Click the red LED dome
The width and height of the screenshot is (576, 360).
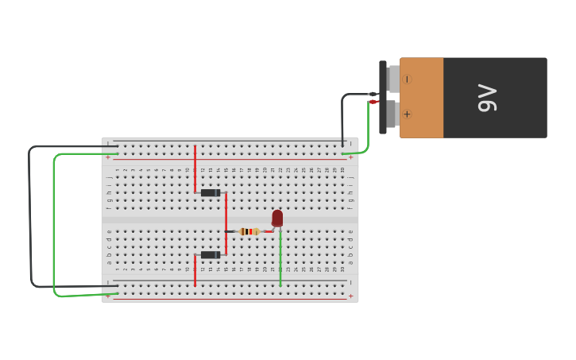(x=277, y=217)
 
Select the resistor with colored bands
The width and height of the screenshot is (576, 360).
(x=249, y=231)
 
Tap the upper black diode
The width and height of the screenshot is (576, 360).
(x=211, y=193)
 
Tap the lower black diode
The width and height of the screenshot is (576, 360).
(x=211, y=255)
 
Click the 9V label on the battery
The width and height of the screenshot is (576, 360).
(x=487, y=98)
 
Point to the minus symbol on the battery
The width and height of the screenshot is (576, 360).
(x=408, y=79)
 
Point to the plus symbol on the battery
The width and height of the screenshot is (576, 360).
(x=408, y=114)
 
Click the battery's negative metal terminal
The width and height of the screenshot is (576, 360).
(x=393, y=79)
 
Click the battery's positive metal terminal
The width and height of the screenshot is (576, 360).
(x=392, y=114)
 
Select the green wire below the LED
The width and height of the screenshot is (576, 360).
(x=280, y=258)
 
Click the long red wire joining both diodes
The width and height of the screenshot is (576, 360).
(x=226, y=223)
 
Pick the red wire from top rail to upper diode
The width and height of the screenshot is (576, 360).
(x=195, y=168)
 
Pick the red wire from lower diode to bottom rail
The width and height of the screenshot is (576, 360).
(x=195, y=271)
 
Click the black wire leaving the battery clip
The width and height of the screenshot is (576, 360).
(x=343, y=115)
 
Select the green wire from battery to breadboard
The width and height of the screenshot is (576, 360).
(x=367, y=131)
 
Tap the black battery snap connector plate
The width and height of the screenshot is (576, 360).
(x=383, y=97)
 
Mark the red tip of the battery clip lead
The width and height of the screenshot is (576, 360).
(x=373, y=102)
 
